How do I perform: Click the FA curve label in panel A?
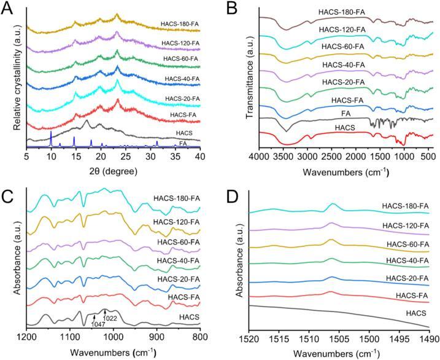tap(182, 143)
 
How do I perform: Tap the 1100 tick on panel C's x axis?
tap(70, 337)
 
